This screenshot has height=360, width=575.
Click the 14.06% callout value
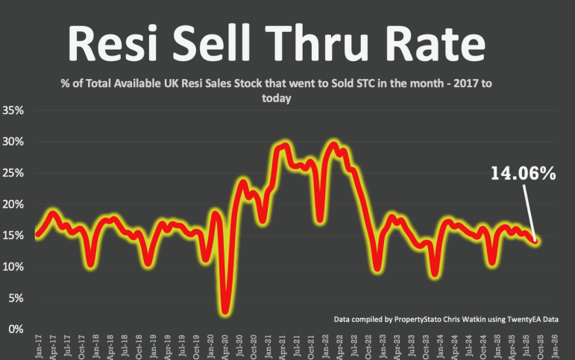[x=523, y=174]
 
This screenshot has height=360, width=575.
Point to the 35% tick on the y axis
[x=14, y=110]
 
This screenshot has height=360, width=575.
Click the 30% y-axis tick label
[x=14, y=142]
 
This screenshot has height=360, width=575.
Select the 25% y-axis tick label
[x=14, y=173]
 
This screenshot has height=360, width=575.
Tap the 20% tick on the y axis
[x=14, y=204]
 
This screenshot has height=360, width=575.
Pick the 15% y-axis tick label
[x=14, y=236]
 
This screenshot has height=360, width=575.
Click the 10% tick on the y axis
[x=14, y=267]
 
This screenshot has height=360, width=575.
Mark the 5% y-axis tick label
[x=16, y=298]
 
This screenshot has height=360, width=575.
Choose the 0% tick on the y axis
[x=16, y=329]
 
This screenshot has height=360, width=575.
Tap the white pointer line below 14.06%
[x=528, y=212]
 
